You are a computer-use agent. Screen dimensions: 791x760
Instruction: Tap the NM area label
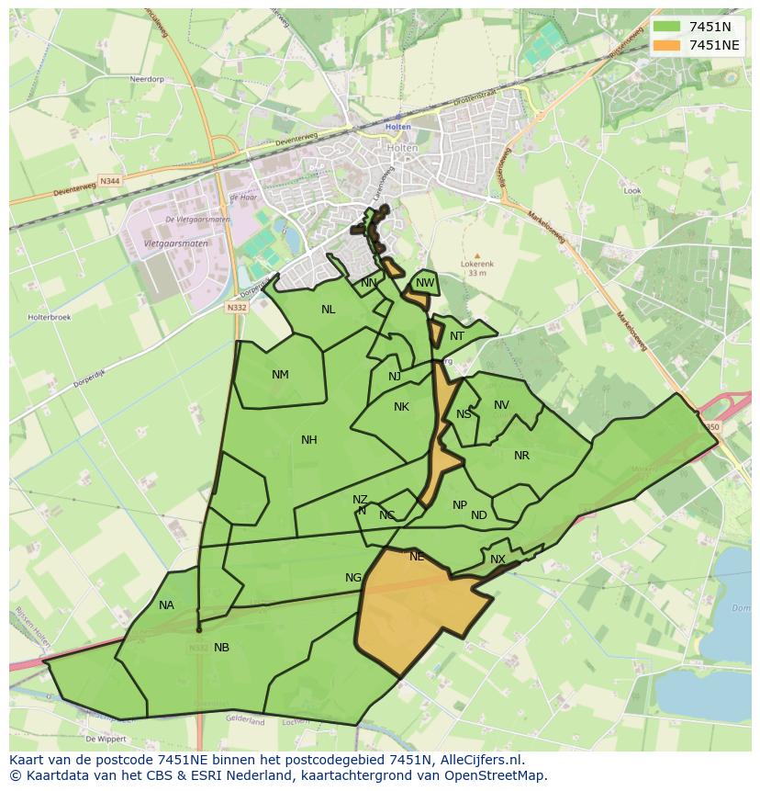click(x=280, y=375)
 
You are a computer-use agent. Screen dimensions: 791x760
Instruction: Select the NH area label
click(x=309, y=440)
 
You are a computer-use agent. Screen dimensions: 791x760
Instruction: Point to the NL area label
click(x=328, y=310)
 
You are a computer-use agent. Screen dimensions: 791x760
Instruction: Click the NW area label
click(x=424, y=283)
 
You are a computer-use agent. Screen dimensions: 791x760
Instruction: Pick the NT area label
click(x=457, y=336)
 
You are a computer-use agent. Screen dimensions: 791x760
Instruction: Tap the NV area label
click(x=501, y=405)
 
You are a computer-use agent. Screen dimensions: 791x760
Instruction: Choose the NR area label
click(x=521, y=456)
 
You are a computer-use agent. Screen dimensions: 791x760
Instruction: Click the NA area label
click(x=166, y=605)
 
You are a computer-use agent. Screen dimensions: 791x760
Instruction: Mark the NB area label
click(x=221, y=648)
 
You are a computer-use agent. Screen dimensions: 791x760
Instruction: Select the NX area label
click(x=497, y=559)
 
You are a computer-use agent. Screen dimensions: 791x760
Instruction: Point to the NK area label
click(x=401, y=407)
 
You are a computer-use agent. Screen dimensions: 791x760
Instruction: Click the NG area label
click(x=353, y=578)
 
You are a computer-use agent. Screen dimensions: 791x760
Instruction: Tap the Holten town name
click(x=398, y=127)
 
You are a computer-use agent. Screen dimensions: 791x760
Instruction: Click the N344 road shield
click(x=110, y=181)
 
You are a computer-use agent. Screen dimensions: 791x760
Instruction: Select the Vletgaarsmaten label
click(x=176, y=243)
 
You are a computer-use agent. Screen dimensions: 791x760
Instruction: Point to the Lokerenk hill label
click(x=476, y=264)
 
